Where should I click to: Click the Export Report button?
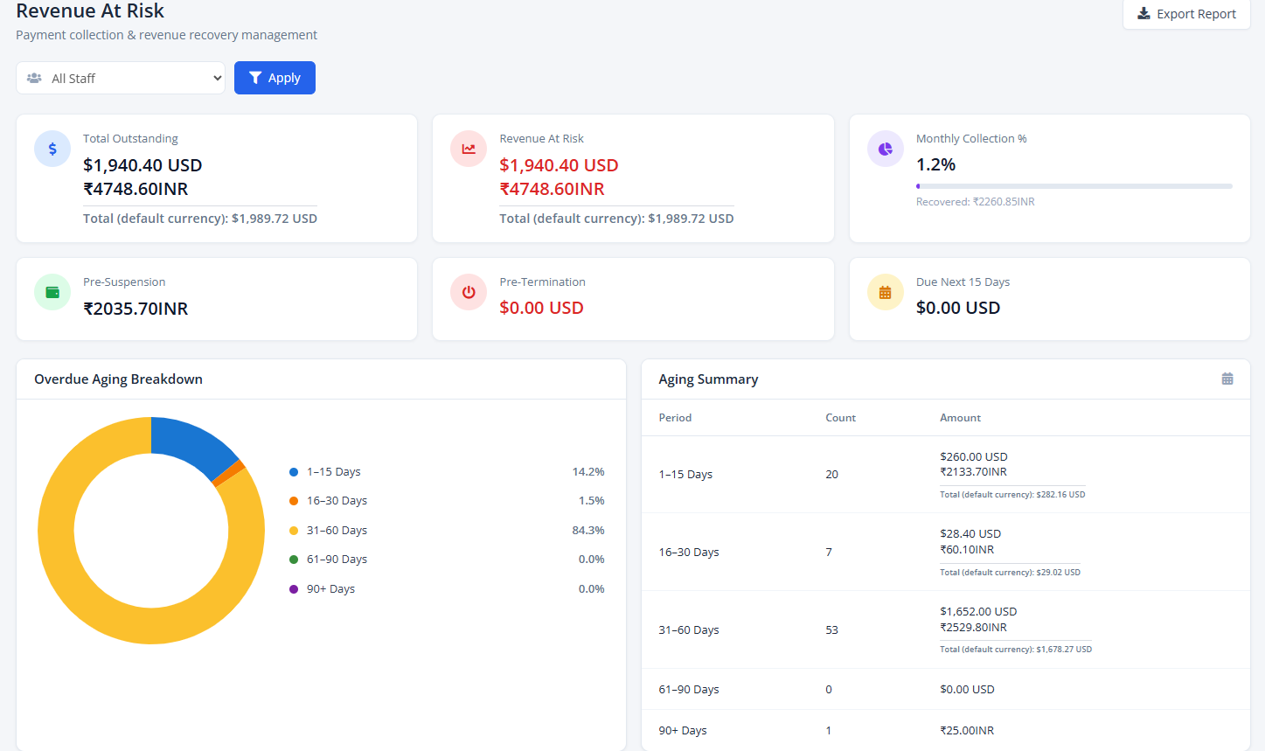[x=1186, y=14]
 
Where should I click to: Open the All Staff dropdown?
[x=121, y=78]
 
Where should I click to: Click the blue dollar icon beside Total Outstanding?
[x=52, y=149]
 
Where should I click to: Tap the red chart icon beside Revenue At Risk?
[x=469, y=149]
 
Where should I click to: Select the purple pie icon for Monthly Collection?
[x=885, y=149]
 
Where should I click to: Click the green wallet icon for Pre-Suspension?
[x=52, y=292]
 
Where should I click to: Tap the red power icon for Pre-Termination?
[x=469, y=292]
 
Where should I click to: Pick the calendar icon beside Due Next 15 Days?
[x=885, y=292]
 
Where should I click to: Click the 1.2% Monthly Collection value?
[x=935, y=164]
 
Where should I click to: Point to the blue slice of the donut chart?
[x=192, y=442]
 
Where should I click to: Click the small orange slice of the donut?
[x=229, y=473]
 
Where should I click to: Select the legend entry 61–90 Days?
[x=337, y=559]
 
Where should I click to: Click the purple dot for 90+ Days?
[x=294, y=589]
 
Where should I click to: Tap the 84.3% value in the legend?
[x=587, y=530]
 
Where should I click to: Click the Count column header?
[x=840, y=418]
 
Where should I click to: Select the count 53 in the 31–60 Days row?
[x=832, y=629]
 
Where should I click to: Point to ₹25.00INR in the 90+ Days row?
[x=967, y=730]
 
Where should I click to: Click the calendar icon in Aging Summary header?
[x=1227, y=379]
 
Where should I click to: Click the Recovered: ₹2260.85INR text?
[x=976, y=202]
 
